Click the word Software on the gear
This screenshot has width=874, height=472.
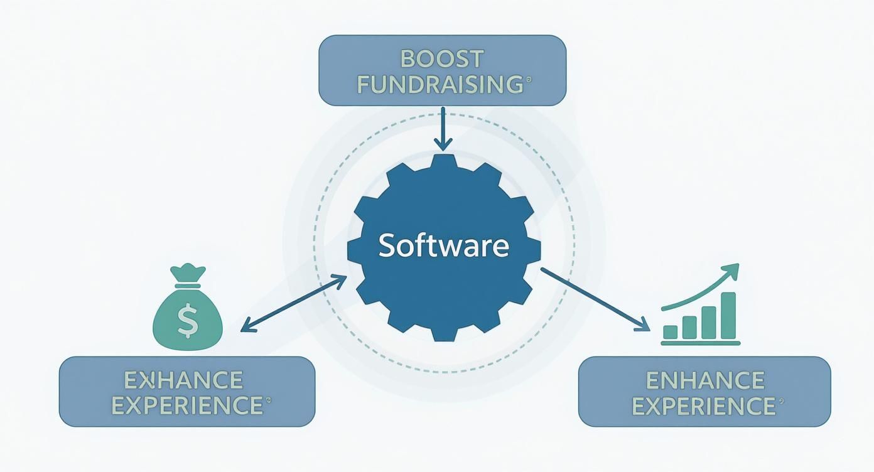point(443,245)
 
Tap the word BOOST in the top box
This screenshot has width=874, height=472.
point(442,58)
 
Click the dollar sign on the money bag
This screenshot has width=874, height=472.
point(187,321)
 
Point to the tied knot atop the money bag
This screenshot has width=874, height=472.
point(188,276)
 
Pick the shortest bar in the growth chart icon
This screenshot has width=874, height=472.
point(671,332)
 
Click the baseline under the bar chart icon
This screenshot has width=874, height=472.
point(701,343)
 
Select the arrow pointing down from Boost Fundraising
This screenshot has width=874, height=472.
point(443,129)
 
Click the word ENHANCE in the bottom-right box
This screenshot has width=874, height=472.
point(704,380)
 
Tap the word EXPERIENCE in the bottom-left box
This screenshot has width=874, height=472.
point(186,405)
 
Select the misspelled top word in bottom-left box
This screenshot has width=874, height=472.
point(183,380)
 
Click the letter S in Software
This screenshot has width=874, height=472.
point(387,245)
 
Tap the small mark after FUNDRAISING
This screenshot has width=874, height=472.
point(528,80)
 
